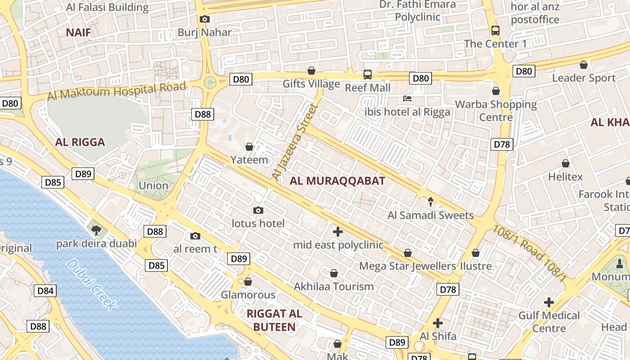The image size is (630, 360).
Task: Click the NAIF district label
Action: tap(78, 32)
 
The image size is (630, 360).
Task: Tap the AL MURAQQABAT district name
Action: tap(337, 181)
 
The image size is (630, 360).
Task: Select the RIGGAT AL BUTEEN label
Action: tap(274, 320)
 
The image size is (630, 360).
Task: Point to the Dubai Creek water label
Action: tap(91, 283)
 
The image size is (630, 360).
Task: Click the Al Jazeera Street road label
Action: tap(295, 143)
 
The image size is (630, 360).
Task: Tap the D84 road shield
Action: tap(45, 291)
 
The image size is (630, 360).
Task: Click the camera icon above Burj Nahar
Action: tap(205, 19)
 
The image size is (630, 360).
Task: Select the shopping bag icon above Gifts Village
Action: tap(311, 71)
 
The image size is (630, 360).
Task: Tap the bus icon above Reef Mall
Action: tap(368, 74)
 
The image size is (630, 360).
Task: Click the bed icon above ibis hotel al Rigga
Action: tap(408, 99)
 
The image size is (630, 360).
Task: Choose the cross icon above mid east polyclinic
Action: tap(338, 232)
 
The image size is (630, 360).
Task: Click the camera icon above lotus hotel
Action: tap(258, 210)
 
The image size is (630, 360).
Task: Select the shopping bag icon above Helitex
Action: tap(566, 163)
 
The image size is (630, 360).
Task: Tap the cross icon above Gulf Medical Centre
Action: tap(549, 302)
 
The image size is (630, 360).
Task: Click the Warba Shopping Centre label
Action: tap(496, 111)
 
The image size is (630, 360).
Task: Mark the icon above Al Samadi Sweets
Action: tap(431, 202)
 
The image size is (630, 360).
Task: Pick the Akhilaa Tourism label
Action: tap(334, 286)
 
